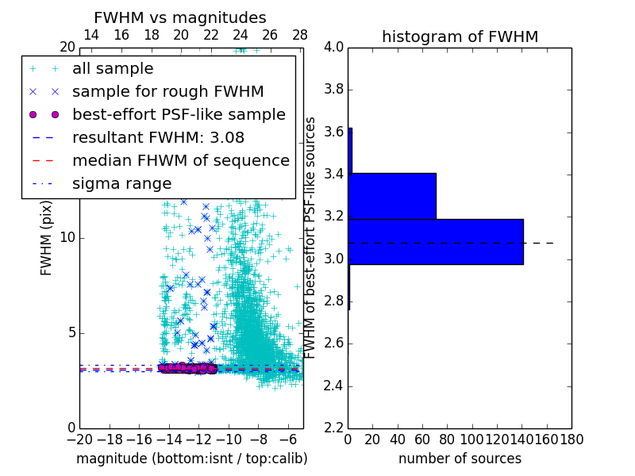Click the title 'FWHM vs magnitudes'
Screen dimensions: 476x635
click(180, 18)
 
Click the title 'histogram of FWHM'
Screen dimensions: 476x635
click(460, 36)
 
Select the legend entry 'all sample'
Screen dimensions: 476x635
click(113, 69)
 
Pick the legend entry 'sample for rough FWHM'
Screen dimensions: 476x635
click(167, 91)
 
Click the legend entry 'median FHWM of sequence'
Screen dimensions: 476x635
click(180, 160)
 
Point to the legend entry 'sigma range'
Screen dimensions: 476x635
click(121, 183)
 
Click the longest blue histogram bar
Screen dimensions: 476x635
click(436, 241)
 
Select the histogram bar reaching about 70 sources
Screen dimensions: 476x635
click(392, 195)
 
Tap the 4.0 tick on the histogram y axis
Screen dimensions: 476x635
click(334, 47)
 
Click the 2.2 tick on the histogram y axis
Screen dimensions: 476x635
click(334, 428)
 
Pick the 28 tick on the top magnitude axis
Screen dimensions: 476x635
click(300, 35)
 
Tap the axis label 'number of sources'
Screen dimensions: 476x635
click(460, 459)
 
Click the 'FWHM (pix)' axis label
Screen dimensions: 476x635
click(47, 246)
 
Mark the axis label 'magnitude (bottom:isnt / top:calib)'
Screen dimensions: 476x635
click(191, 459)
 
